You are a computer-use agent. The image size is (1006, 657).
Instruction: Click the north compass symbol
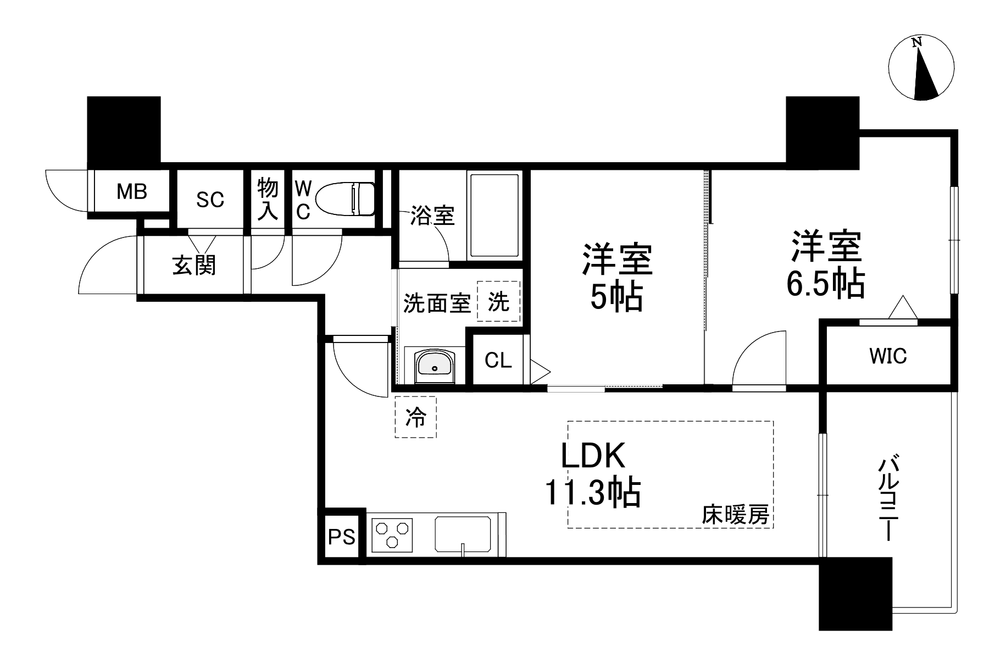tap(921, 68)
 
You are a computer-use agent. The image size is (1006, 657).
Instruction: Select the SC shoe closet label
tap(210, 199)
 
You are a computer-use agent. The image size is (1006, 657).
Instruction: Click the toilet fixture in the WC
tap(347, 199)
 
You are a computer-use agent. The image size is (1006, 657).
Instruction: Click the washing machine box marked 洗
tap(498, 301)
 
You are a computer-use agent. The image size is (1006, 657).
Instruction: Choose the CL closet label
tap(498, 360)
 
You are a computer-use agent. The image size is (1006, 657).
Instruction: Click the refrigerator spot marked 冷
tap(415, 417)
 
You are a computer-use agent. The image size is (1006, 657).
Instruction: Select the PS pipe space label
tap(342, 536)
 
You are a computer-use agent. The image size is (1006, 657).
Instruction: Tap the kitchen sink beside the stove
tap(463, 534)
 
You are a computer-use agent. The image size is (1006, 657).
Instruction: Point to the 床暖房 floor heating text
tap(735, 515)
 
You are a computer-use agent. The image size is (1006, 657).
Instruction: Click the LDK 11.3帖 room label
tap(593, 474)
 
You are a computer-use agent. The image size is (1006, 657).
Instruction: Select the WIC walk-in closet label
tap(888, 356)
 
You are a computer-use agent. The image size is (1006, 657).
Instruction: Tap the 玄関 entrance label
tap(194, 265)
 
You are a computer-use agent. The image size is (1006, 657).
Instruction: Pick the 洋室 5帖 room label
tap(618, 278)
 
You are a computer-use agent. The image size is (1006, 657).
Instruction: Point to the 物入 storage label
tap(268, 198)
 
